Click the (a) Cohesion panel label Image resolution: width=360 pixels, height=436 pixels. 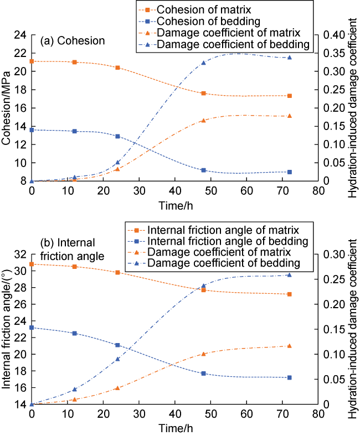(73, 41)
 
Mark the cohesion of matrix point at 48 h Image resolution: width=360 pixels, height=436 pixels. (203, 94)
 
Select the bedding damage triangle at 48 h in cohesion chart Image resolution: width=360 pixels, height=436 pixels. (203, 63)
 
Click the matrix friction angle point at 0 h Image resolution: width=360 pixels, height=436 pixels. (32, 264)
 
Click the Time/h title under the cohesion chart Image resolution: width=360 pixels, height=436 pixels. (174, 204)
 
